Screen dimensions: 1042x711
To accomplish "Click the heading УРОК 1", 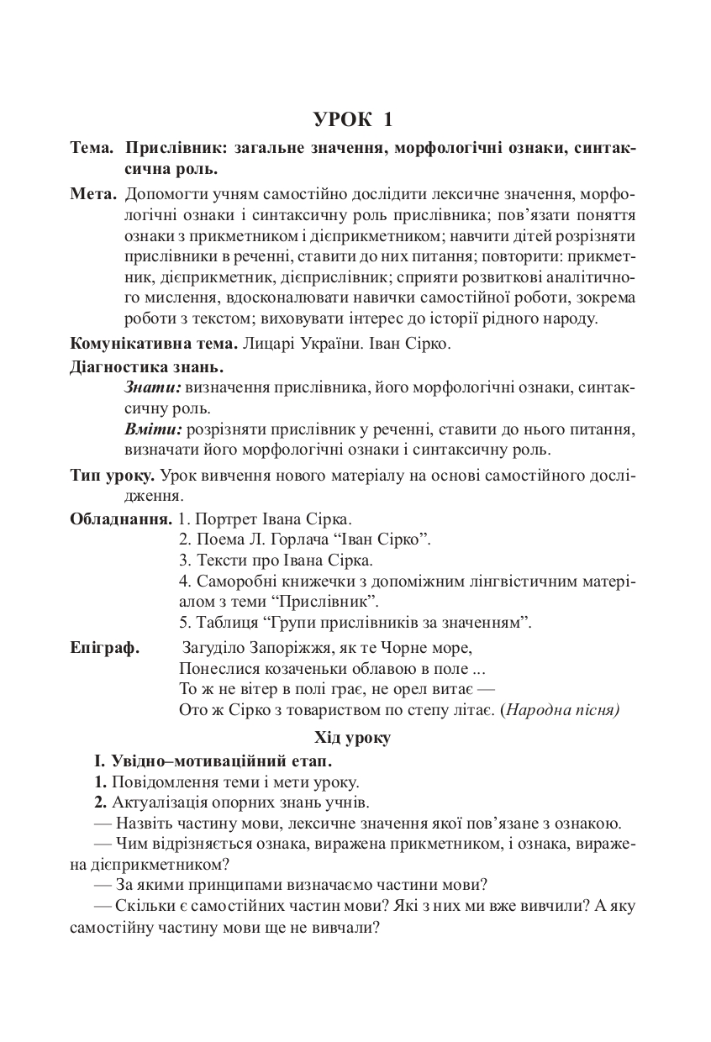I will point(354,119).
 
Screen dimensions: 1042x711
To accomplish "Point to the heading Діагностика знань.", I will point(147,367).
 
